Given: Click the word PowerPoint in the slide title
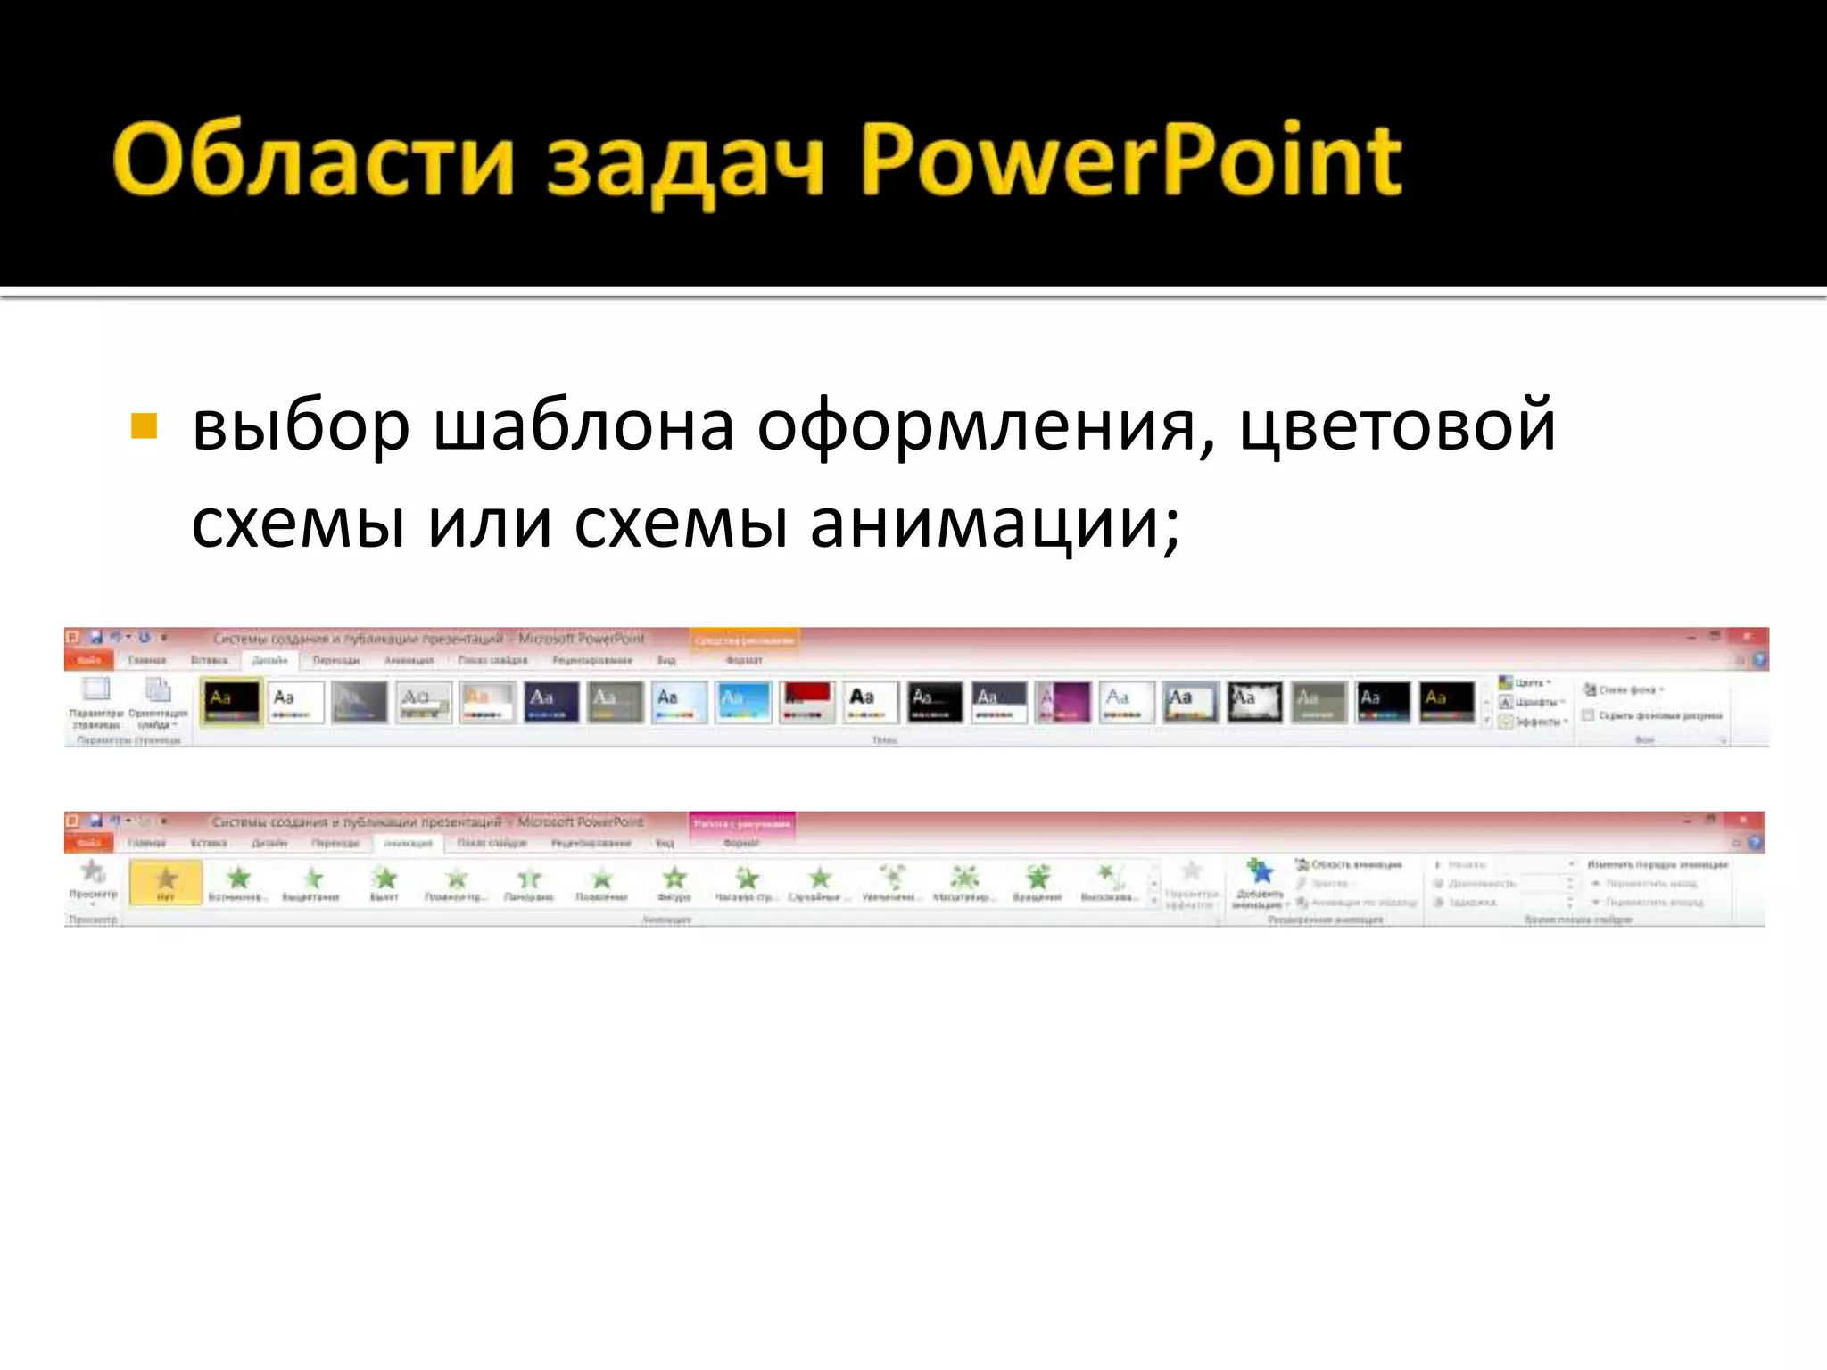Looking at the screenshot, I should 1131,161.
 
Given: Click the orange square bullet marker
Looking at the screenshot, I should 144,426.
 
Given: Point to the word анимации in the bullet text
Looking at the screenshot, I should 995,524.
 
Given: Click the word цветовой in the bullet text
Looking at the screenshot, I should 1397,426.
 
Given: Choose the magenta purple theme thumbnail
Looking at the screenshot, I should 1062,701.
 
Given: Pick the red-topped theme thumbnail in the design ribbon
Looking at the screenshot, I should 806,701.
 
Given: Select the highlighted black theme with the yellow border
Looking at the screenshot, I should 231,701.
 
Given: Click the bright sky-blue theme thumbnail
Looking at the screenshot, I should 743,701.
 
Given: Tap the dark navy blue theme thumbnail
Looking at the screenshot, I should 551,701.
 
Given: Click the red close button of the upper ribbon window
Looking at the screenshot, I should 1746,637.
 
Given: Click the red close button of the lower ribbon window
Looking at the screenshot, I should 1742,820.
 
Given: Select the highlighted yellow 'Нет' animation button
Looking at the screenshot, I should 166,882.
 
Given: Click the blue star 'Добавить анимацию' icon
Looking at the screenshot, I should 1260,871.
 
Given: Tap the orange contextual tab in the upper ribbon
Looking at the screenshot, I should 744,640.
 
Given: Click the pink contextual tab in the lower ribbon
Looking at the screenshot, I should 741,823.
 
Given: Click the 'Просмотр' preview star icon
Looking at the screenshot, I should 93,871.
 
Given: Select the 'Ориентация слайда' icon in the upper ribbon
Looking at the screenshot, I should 158,690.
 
